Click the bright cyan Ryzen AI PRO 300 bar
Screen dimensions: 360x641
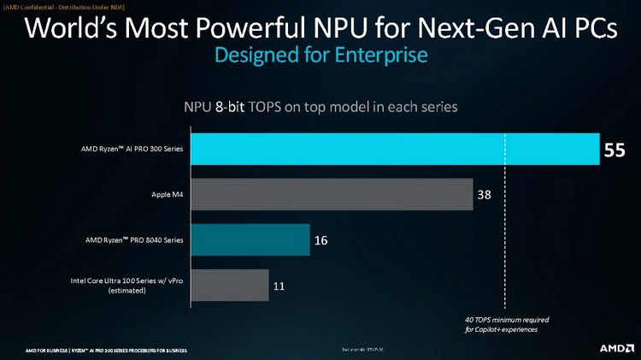(x=393, y=150)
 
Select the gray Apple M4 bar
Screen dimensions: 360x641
(x=331, y=195)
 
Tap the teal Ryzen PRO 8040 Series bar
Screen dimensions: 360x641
(x=250, y=240)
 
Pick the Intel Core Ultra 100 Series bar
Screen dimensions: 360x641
(x=229, y=286)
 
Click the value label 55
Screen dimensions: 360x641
(x=615, y=150)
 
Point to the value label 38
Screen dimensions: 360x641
(x=484, y=195)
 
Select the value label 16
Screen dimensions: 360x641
(x=321, y=240)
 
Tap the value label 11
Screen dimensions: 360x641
(x=279, y=286)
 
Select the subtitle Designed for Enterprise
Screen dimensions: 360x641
(x=320, y=56)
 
